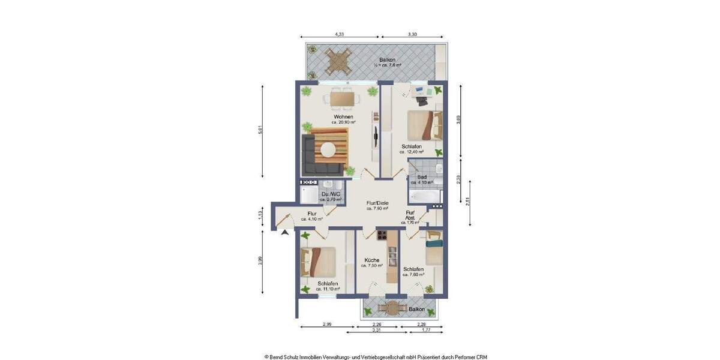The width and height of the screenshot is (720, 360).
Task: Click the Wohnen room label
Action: pyautogui.click(x=343, y=116)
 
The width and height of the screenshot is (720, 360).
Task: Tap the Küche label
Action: pyautogui.click(x=373, y=260)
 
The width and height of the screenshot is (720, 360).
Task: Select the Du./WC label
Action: pyautogui.click(x=331, y=194)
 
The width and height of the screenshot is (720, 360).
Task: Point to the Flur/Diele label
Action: pyautogui.click(x=377, y=203)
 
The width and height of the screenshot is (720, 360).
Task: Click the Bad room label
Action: pyautogui.click(x=422, y=177)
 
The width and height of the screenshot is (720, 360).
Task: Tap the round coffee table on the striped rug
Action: pyautogui.click(x=328, y=151)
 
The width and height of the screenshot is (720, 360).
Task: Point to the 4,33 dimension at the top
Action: pyautogui.click(x=340, y=35)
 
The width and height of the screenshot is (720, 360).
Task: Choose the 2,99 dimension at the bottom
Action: pyautogui.click(x=327, y=325)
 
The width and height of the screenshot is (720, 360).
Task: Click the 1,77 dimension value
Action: pyautogui.click(x=425, y=329)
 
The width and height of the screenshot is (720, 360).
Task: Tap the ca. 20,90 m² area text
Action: pyautogui.click(x=343, y=122)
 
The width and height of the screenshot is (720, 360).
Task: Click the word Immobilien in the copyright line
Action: pyautogui.click(x=322, y=356)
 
